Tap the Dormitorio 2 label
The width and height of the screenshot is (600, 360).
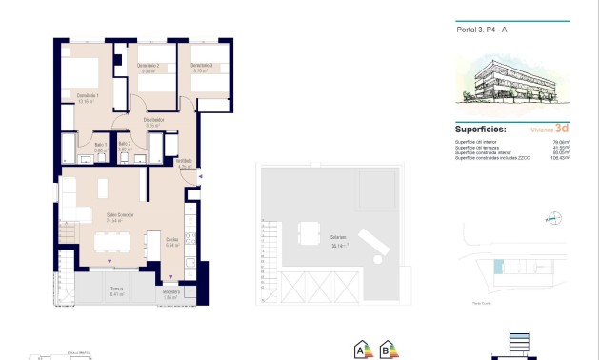148,67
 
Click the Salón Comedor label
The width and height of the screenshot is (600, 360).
119,216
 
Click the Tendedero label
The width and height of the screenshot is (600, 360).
171,292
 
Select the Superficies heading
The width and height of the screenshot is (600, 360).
480,129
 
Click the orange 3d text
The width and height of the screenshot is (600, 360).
562,129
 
